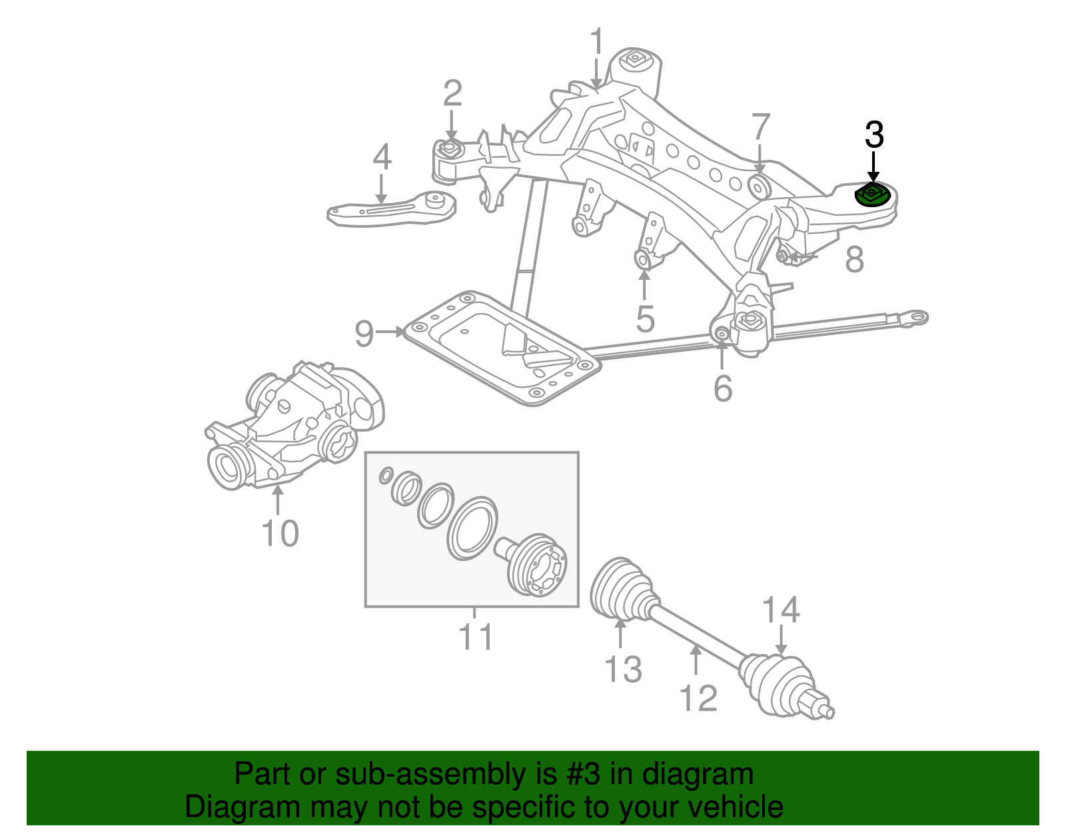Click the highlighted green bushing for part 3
[x=872, y=196]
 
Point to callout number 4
[x=382, y=158]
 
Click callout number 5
[x=645, y=319]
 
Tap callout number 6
[x=724, y=388]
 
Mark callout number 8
[x=854, y=259]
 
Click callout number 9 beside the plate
[x=364, y=333]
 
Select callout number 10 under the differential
[x=280, y=533]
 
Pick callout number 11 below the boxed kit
[x=476, y=637]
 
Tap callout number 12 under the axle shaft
[x=698, y=698]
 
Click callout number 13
[x=623, y=669]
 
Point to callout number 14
[x=780, y=611]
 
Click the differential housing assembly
[x=293, y=426]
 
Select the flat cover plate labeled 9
[x=500, y=350]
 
